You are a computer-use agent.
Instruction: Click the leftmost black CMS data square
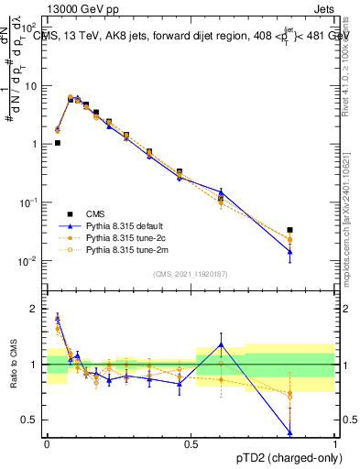(58, 143)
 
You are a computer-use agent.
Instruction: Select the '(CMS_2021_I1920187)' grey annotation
(191, 273)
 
